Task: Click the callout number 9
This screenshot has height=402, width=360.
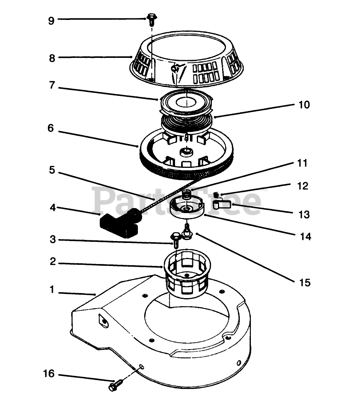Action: pos(51,21)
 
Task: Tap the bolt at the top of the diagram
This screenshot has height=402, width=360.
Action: pos(152,20)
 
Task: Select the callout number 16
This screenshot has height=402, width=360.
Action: pos(49,374)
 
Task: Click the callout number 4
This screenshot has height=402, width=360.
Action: pos(52,208)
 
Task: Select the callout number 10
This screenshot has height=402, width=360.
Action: pos(304,105)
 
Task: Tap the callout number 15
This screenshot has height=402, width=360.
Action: pos(305,282)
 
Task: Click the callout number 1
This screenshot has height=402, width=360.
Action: pos(52,289)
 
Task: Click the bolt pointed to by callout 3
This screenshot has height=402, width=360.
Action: pos(176,240)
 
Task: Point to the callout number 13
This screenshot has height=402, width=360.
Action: pos(304,215)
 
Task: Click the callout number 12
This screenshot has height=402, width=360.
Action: pos(303,186)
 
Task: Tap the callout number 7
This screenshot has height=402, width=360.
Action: pos(52,85)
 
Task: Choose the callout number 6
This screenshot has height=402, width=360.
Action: pos(51,128)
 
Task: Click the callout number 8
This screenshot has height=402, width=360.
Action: pos(52,58)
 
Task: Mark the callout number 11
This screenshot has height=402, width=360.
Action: pos(302,163)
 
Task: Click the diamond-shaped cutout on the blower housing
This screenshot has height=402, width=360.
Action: pos(103,320)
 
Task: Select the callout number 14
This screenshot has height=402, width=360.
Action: pos(305,236)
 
